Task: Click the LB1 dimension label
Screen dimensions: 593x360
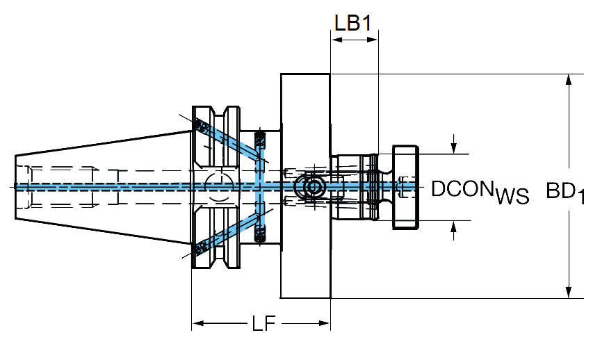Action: pos(353,23)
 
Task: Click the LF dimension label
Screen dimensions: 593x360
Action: pos(263,323)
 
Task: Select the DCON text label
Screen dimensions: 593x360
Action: pos(462,188)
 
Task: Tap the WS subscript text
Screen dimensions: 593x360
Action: pos(512,196)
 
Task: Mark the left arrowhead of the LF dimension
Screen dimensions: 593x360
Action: pos(198,323)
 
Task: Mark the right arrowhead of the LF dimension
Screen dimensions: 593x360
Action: pos(325,323)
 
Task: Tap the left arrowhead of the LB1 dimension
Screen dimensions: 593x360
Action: pos(336,40)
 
